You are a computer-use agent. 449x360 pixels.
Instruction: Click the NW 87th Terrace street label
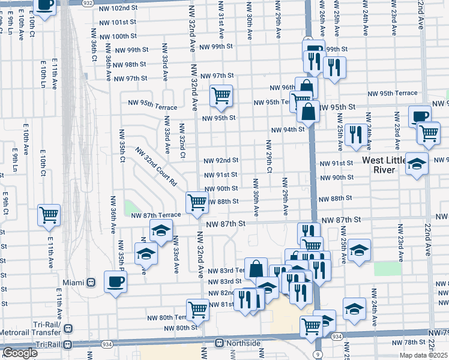click(x=155, y=215)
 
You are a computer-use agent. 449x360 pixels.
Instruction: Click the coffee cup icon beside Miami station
click(x=115, y=281)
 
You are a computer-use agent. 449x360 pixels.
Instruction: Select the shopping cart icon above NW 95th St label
click(x=221, y=95)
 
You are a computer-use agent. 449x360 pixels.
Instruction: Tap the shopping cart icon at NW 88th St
click(x=197, y=202)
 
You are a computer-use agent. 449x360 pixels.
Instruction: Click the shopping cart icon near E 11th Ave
click(x=49, y=215)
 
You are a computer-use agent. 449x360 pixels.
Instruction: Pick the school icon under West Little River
click(x=416, y=164)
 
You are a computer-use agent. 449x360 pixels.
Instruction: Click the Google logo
click(x=20, y=353)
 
